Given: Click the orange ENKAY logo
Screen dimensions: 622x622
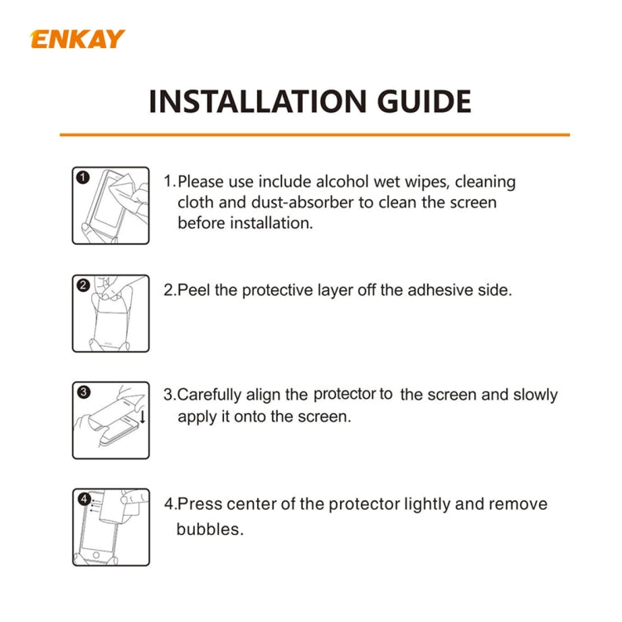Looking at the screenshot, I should pyautogui.click(x=78, y=39).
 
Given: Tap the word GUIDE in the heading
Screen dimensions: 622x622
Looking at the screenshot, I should pyautogui.click(x=421, y=101).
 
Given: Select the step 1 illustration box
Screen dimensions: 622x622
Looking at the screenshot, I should pyautogui.click(x=110, y=206).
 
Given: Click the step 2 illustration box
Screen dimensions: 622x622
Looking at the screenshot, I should pyautogui.click(x=110, y=313).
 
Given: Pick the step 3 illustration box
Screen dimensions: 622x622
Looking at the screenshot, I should pyautogui.click(x=110, y=420).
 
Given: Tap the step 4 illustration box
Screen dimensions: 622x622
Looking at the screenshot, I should pyautogui.click(x=110, y=527).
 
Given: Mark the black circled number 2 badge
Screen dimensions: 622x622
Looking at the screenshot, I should pyautogui.click(x=83, y=285).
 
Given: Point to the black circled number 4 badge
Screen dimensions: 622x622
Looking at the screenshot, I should pyautogui.click(x=83, y=498).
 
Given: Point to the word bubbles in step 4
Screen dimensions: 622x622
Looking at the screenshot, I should pyautogui.click(x=210, y=529).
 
